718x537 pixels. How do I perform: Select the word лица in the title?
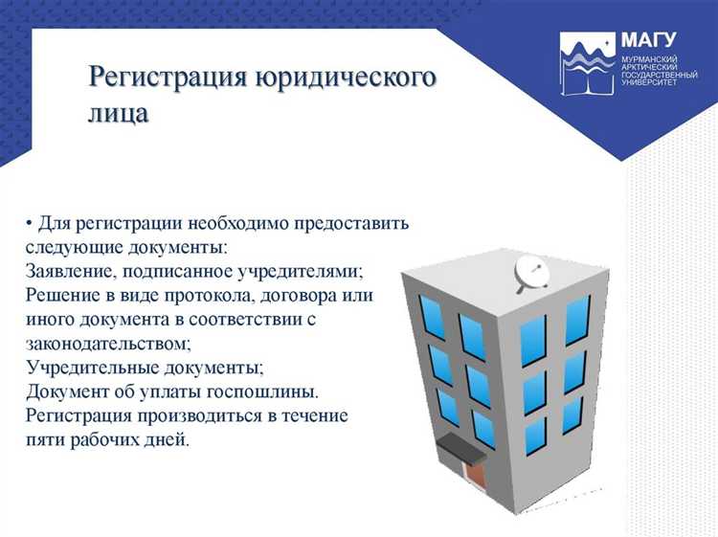(x=119, y=114)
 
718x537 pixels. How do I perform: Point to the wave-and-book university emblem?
(x=586, y=65)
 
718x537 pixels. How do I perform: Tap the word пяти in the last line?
(x=47, y=441)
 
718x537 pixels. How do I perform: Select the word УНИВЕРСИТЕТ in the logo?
(x=648, y=82)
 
